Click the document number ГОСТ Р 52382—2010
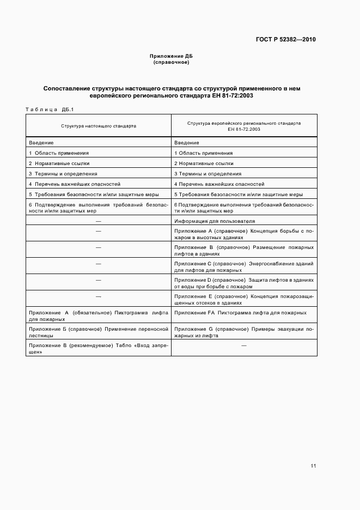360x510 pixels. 285,40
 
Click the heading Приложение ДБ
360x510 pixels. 171,56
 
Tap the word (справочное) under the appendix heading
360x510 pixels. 171,62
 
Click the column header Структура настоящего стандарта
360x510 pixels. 99,125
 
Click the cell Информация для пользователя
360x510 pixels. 215,221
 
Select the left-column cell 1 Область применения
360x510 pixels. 59,153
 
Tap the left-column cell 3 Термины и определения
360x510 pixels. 63,173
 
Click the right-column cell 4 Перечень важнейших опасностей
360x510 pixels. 219,184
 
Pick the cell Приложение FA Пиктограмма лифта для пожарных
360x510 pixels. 240,313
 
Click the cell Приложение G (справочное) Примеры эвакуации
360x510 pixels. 243,332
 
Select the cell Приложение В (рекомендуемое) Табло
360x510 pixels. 99,349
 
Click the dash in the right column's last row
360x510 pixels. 243,346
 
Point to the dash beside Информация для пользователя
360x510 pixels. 99,221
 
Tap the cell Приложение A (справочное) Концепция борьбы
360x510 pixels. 243,234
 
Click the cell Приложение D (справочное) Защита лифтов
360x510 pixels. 243,283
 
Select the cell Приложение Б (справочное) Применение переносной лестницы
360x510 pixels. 99,332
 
